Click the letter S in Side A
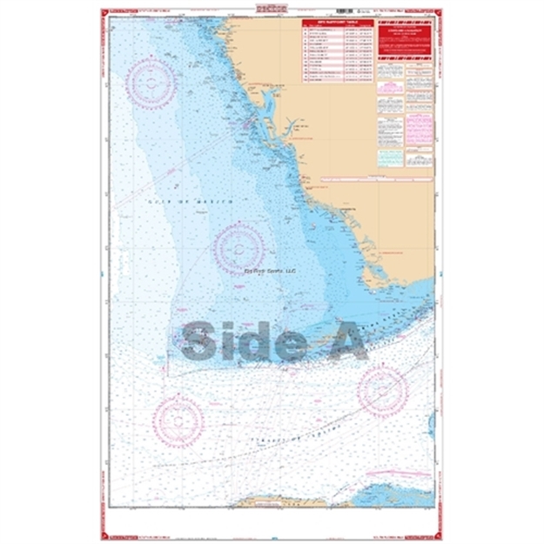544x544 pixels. pos(205,339)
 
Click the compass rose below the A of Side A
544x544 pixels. pos(382,390)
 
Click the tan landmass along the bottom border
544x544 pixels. pos(271,502)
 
